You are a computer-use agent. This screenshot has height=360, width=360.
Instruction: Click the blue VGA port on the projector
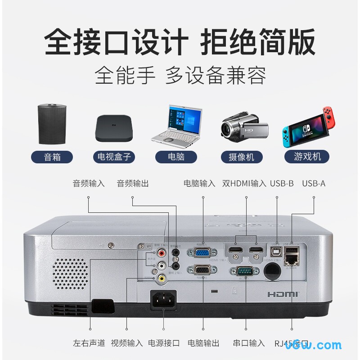tap(202, 253)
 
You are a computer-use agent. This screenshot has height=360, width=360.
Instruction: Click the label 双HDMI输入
tap(244, 183)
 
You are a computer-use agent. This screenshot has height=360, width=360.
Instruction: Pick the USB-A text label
tap(314, 183)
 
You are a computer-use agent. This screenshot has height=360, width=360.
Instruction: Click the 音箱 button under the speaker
tap(52, 157)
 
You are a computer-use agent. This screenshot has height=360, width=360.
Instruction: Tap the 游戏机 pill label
tap(308, 157)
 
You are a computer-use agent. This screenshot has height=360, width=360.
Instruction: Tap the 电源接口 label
tap(164, 343)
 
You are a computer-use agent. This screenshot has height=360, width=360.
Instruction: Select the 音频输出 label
tap(133, 183)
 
